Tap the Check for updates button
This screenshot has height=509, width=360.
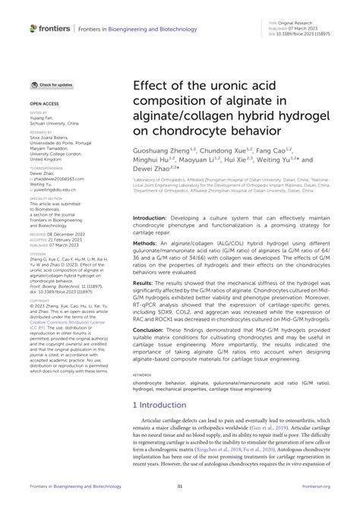[x=52, y=86]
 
